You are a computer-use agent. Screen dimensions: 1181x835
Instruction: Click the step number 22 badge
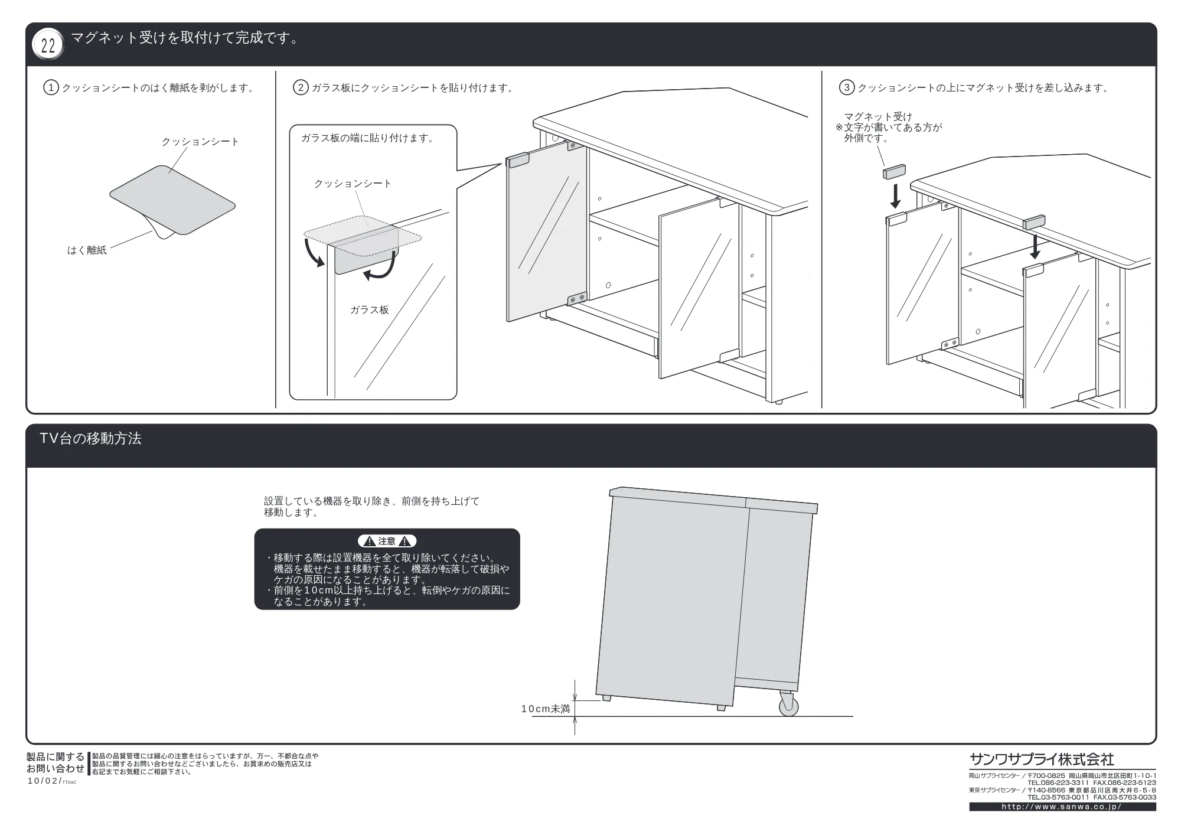(x=48, y=45)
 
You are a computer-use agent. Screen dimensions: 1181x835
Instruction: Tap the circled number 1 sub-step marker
(x=51, y=88)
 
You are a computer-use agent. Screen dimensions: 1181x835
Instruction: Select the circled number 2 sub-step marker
(x=301, y=88)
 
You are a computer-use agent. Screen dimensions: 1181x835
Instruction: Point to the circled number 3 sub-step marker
(x=847, y=88)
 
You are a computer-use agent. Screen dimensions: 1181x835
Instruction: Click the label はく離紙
(x=87, y=250)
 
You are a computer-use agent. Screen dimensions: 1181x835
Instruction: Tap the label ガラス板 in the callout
(x=370, y=310)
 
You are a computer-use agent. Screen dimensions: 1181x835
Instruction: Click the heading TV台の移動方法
(x=90, y=439)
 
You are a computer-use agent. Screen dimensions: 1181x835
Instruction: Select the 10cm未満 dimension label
(x=546, y=709)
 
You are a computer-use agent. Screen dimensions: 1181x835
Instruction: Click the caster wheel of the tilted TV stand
(x=788, y=705)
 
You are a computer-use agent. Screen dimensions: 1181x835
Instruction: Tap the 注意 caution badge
(x=387, y=541)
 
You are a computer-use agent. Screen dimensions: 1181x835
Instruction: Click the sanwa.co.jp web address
(x=1062, y=807)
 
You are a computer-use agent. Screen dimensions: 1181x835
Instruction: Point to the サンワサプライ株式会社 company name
(x=1042, y=759)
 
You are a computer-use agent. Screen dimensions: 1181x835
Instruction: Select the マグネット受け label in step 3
(x=877, y=117)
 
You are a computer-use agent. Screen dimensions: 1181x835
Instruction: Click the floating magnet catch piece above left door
(x=894, y=171)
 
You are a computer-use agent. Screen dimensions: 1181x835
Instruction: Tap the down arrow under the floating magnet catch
(x=896, y=196)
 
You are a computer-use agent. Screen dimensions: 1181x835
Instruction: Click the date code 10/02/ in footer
(x=44, y=781)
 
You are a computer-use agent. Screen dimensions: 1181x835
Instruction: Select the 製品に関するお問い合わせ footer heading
(x=56, y=763)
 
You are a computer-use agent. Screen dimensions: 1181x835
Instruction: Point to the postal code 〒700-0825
(x=1046, y=776)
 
